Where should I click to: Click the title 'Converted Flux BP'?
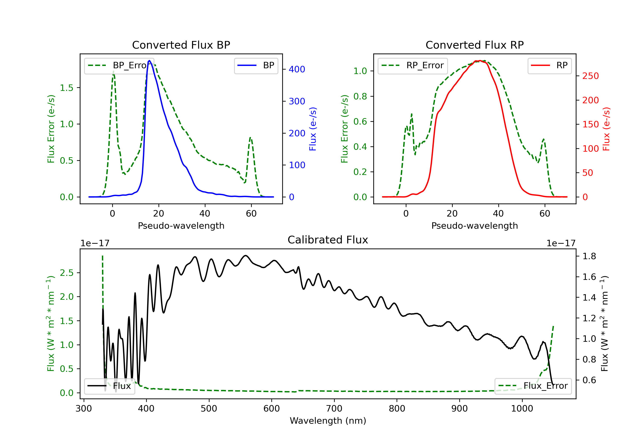[181, 45]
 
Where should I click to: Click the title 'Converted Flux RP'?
[474, 45]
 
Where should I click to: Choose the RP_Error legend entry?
[413, 65]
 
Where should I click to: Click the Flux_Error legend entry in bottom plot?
[533, 386]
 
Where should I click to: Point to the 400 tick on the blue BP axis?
[297, 69]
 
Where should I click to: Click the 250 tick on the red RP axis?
[590, 76]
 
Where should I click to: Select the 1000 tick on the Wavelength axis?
[522, 409]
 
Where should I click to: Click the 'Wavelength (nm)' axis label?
[328, 421]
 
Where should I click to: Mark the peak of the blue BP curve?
[149, 61]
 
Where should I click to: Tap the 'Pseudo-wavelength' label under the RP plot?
[474, 225]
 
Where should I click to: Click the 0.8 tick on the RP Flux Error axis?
[360, 96]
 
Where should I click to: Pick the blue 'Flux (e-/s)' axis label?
[313, 129]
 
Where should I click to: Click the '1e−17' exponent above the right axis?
[561, 243]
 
